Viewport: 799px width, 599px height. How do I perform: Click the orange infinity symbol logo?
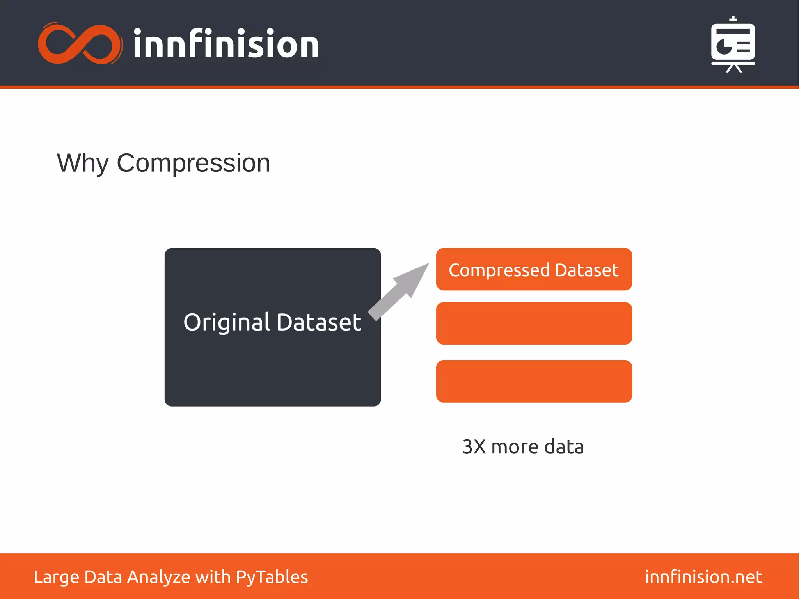[79, 44]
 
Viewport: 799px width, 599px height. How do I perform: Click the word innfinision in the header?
[226, 44]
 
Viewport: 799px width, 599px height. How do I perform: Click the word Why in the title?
[83, 163]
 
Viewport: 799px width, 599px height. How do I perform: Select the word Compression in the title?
[193, 163]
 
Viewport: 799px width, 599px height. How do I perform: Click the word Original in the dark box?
[227, 323]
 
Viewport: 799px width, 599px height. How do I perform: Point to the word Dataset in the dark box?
[319, 323]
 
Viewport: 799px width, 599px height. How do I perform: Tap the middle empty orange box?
[534, 323]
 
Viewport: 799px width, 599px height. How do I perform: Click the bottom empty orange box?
[534, 381]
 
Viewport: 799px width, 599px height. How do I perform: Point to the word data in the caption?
[564, 447]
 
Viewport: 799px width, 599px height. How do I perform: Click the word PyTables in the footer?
[272, 577]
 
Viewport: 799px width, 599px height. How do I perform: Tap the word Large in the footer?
[56, 577]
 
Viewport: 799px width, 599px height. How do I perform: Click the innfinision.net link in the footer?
[703, 577]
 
